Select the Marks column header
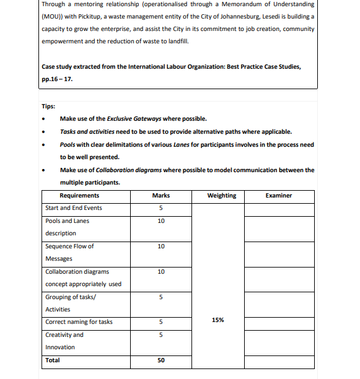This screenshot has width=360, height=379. [x=160, y=195]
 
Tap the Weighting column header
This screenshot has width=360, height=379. [x=221, y=195]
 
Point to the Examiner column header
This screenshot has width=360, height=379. [x=278, y=195]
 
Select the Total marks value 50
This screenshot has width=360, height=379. [x=160, y=360]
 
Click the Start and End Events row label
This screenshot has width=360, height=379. [x=74, y=207]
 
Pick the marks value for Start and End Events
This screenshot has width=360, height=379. [x=160, y=208]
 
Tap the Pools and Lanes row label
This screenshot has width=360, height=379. [x=67, y=220]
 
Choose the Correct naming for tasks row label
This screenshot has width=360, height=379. [x=79, y=321]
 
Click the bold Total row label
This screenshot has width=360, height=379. [x=53, y=360]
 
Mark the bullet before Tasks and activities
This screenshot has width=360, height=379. [x=43, y=132]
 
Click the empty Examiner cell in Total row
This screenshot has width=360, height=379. [x=278, y=360]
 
